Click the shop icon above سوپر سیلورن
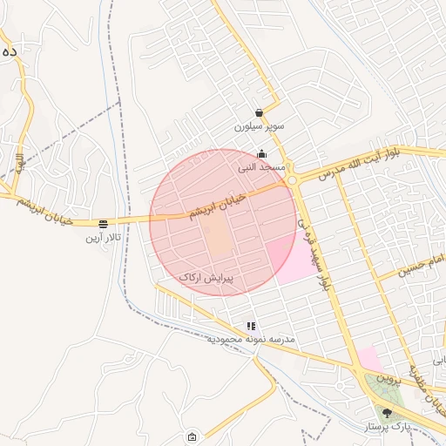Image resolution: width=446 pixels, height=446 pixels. (x=260, y=112)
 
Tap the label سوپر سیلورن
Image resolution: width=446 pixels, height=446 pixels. (x=260, y=126)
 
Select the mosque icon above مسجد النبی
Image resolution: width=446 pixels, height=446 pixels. (x=261, y=154)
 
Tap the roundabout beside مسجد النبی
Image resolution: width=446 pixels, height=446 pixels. (x=293, y=180)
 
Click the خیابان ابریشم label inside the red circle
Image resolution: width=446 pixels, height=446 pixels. (x=218, y=206)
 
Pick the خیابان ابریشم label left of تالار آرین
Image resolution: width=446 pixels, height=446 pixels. (x=32, y=207)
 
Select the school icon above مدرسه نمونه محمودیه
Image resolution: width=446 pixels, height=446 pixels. (x=252, y=326)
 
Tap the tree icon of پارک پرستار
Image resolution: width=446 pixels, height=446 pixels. (x=388, y=413)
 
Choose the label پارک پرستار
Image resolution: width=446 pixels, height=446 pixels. (x=388, y=427)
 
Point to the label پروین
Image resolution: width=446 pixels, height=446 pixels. (x=393, y=379)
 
